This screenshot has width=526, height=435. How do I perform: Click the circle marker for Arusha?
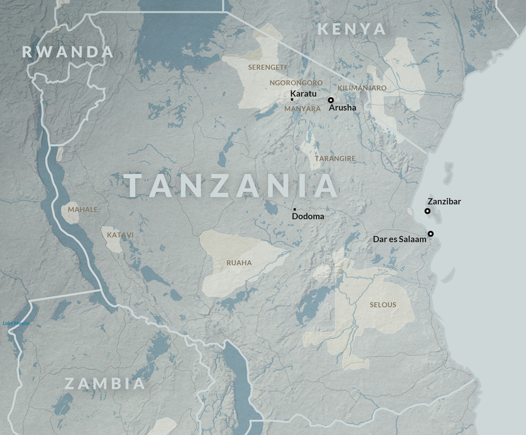coord(331,100)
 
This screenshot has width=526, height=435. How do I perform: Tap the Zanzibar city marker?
coord(427,211)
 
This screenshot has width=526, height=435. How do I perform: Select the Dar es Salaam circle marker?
coord(431,234)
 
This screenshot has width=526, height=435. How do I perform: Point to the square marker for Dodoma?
coord(295,209)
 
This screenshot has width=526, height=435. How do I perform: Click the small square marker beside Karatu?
coord(292,100)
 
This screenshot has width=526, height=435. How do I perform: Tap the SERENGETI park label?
coord(267,67)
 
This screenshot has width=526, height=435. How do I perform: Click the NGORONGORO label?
coord(296,83)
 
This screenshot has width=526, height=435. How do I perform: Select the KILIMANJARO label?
coord(362,88)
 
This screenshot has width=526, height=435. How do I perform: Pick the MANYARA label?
coord(302,108)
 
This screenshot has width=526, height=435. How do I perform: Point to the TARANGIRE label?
coord(335,158)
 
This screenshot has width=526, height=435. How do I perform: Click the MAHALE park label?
coord(83,209)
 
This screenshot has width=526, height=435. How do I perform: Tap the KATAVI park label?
coord(120,235)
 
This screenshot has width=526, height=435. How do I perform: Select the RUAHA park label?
coord(239,263)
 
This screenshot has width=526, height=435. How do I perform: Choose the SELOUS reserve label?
coord(383,305)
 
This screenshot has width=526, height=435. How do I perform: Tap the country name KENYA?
coord(352,29)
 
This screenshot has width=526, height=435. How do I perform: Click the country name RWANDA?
coord(68,52)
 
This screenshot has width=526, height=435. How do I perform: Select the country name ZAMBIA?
coord(105,384)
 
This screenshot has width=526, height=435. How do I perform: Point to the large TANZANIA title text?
coord(233,186)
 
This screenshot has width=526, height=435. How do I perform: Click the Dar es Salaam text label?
coord(399,240)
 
